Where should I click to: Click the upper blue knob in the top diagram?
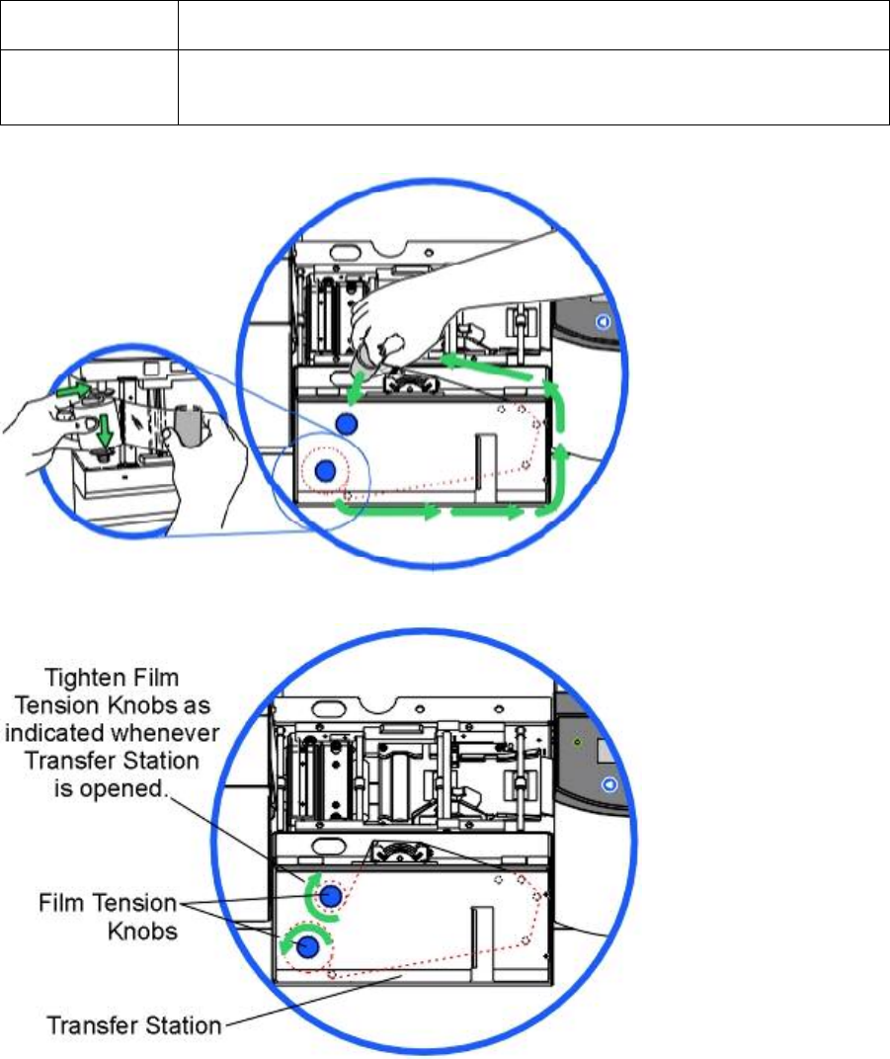[x=345, y=424]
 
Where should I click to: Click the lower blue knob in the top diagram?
[x=324, y=474]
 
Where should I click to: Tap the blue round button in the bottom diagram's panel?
[x=608, y=783]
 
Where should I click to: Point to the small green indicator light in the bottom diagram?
[x=578, y=741]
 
